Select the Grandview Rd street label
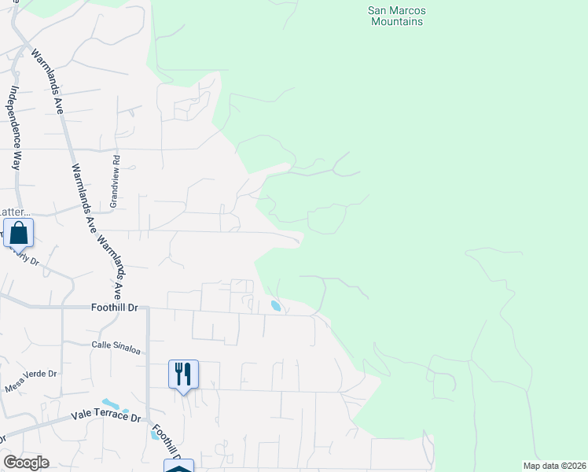(115, 180)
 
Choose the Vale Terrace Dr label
(105, 415)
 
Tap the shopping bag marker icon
(18, 233)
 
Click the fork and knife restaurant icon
(183, 374)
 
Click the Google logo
(26, 463)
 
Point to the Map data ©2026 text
(553, 466)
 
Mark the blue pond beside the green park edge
(275, 305)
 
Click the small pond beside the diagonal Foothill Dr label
(154, 434)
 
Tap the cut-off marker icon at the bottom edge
(178, 466)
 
